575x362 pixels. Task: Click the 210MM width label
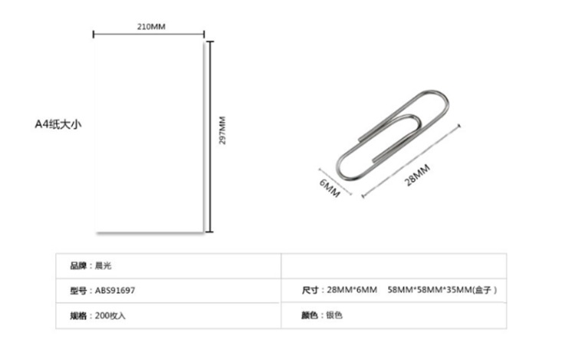(151, 26)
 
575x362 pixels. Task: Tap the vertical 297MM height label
(222, 130)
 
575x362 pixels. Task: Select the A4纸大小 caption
(58, 124)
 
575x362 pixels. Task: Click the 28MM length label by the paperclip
(417, 175)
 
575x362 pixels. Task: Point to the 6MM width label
(330, 188)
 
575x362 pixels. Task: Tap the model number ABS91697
(115, 291)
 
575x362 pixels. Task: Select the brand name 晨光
(103, 265)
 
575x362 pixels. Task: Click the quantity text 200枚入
(110, 315)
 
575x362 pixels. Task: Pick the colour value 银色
(334, 315)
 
